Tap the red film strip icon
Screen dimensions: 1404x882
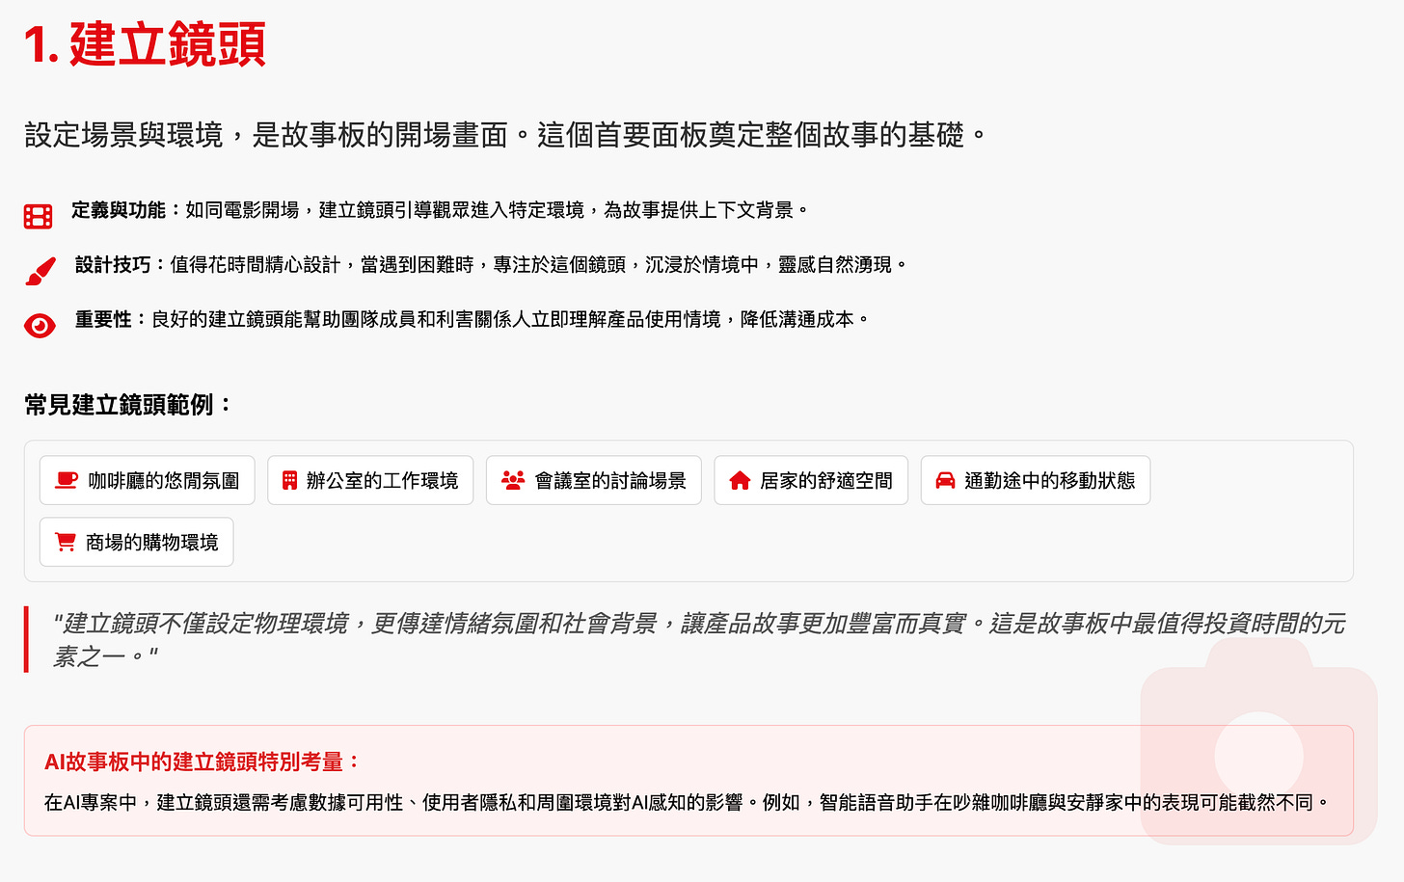click(x=39, y=216)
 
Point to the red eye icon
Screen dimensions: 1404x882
click(x=40, y=326)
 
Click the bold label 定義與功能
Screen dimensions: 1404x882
click(x=119, y=210)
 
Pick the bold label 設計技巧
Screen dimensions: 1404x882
click(x=113, y=264)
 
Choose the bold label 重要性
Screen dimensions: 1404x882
click(x=103, y=319)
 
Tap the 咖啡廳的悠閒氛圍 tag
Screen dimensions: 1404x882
click(x=148, y=480)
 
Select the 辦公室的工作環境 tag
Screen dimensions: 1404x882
click(x=370, y=480)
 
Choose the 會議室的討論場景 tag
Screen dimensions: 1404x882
click(x=594, y=480)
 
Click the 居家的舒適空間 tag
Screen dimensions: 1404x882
click(x=811, y=480)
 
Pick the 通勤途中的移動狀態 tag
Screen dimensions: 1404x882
click(x=1036, y=480)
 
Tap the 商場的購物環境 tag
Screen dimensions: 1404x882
click(x=137, y=543)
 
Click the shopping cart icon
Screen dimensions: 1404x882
click(x=66, y=543)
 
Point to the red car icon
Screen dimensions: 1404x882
click(x=945, y=480)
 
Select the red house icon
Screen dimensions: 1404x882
click(x=740, y=480)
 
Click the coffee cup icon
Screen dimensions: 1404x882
click(x=67, y=480)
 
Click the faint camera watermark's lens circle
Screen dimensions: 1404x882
click(x=1258, y=756)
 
